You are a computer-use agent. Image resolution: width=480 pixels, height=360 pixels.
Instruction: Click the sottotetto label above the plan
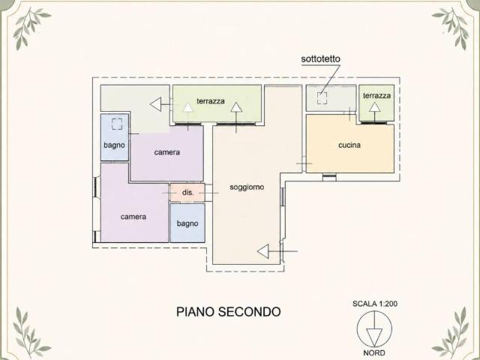320,58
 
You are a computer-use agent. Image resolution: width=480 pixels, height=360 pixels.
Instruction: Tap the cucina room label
349,145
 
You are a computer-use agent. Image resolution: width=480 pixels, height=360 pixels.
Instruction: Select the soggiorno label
247,187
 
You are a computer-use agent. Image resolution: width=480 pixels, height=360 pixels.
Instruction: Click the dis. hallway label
188,193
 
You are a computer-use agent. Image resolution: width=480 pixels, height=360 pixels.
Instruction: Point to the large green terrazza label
211,101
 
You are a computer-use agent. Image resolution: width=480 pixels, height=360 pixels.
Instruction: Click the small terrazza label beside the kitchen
376,96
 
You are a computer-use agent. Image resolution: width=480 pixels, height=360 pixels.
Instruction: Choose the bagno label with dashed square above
114,145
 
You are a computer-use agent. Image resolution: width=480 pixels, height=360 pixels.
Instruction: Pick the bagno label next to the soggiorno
187,223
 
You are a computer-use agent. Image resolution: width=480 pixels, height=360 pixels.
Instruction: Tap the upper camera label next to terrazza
166,152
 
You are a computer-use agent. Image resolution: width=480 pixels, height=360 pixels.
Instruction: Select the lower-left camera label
133,217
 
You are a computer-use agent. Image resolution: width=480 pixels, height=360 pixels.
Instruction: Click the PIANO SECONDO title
228,312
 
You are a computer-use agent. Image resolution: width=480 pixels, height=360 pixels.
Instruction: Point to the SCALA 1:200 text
375,304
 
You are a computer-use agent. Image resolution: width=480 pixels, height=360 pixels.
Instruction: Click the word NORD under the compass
374,353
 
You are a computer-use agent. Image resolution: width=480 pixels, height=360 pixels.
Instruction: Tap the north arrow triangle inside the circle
374,337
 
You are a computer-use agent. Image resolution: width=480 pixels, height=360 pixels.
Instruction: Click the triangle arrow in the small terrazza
374,107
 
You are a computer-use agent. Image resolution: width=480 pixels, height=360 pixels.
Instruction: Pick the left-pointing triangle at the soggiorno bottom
263,251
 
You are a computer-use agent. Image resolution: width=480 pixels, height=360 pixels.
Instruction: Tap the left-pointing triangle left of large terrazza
155,104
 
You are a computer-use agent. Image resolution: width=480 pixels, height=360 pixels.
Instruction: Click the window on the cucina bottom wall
329,176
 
